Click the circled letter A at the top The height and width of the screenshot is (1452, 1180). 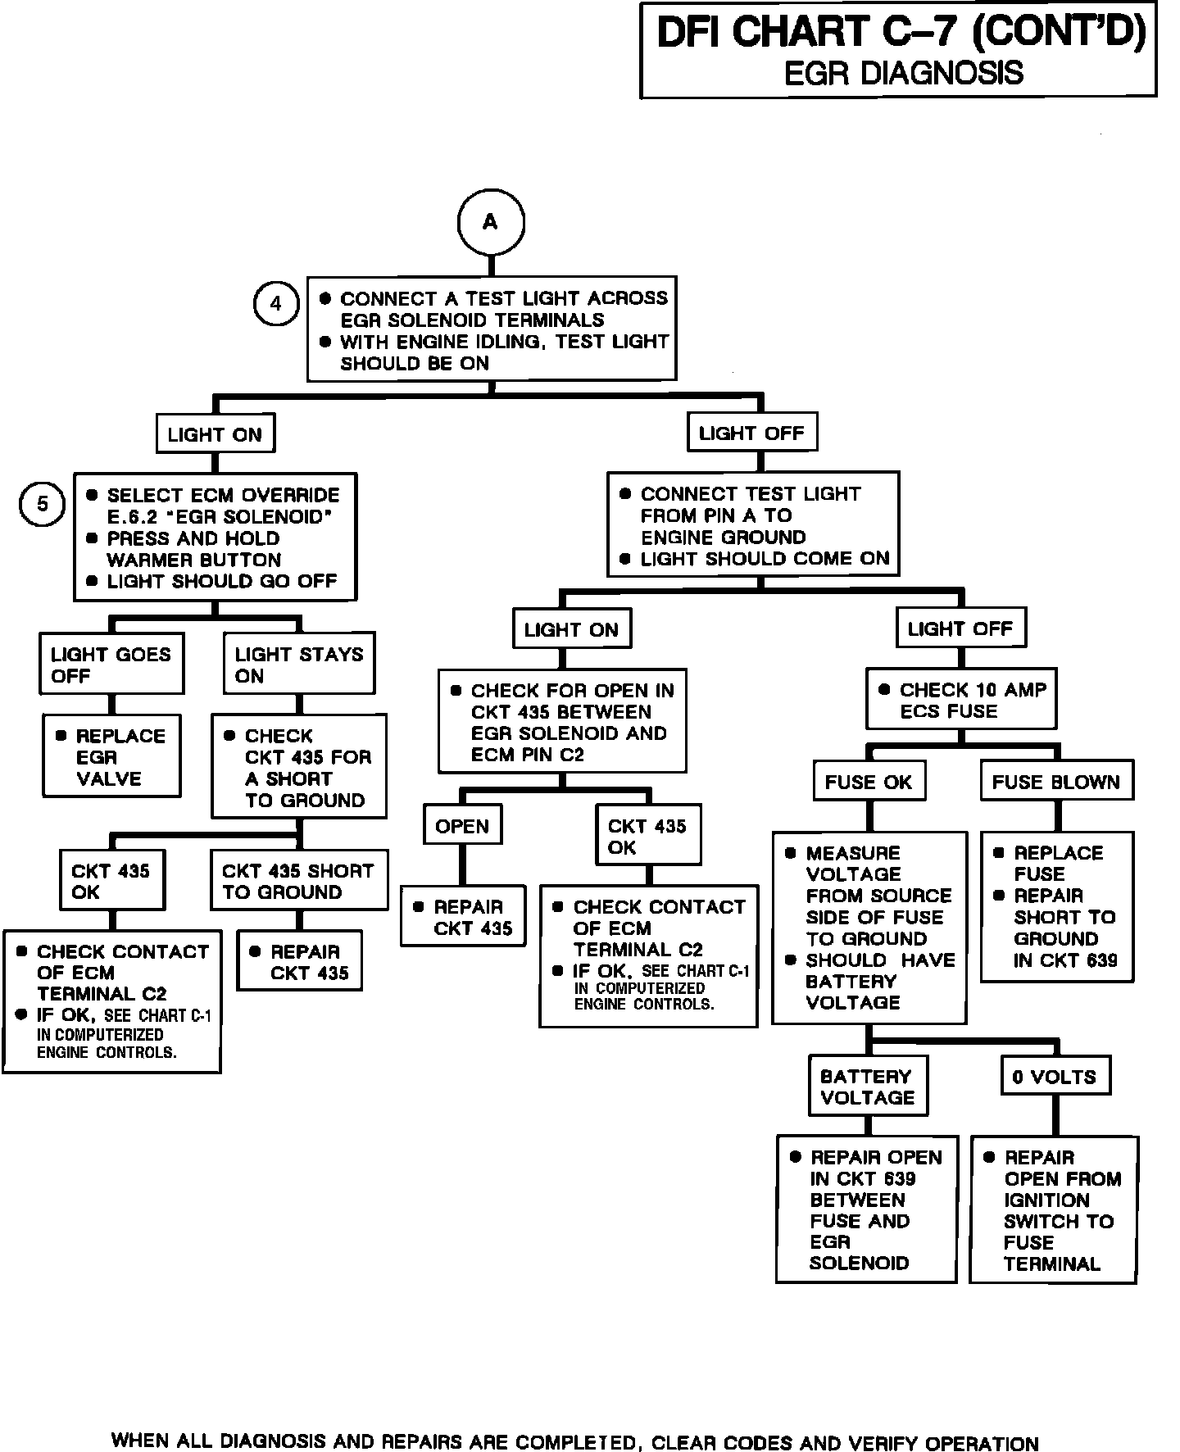490,222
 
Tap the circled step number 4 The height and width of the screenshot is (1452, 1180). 275,303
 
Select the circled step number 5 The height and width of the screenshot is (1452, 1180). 42,504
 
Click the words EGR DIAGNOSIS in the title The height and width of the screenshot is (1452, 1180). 903,73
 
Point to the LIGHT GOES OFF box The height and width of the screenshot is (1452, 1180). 111,665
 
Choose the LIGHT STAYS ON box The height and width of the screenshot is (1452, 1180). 299,665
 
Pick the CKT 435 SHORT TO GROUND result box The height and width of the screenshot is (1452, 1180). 298,882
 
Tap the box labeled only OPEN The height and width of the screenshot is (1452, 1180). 462,826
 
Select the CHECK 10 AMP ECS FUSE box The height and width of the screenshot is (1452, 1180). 961,701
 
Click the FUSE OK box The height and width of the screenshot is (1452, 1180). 869,782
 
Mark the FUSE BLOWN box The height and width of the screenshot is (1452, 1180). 1056,782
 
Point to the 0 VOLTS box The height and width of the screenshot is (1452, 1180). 1055,1077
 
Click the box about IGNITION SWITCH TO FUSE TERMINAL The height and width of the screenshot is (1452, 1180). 1055,1209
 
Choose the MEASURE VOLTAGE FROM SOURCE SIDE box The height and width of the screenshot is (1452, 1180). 869,928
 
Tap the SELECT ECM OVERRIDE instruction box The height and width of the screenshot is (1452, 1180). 216,538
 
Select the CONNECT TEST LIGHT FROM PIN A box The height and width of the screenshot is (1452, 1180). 753,526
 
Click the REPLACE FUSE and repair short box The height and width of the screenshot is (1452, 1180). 1057,906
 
